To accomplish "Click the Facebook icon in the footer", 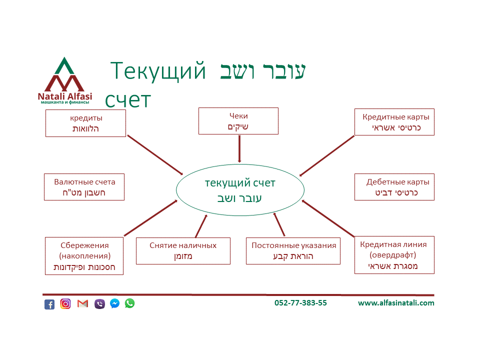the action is click(49, 304).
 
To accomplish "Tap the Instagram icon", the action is click(65, 303).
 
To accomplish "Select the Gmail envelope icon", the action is click(82, 303).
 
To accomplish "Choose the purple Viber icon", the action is click(99, 303).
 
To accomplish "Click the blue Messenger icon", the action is click(114, 303).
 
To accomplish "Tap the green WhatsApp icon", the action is click(130, 303).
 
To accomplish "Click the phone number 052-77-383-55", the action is click(300, 303).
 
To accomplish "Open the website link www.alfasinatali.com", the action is click(396, 303).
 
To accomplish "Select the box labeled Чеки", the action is click(238, 121).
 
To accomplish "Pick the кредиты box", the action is click(85, 123).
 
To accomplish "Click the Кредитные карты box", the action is click(394, 122).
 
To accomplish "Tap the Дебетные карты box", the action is click(394, 187).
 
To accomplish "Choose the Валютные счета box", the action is click(84, 187).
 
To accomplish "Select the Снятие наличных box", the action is click(183, 251).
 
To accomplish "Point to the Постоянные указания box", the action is click(293, 251).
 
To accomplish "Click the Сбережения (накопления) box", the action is click(84, 256).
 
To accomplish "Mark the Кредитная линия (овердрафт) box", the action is click(394, 255).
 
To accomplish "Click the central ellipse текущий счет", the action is click(240, 190).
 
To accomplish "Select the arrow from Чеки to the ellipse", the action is click(239, 148).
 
